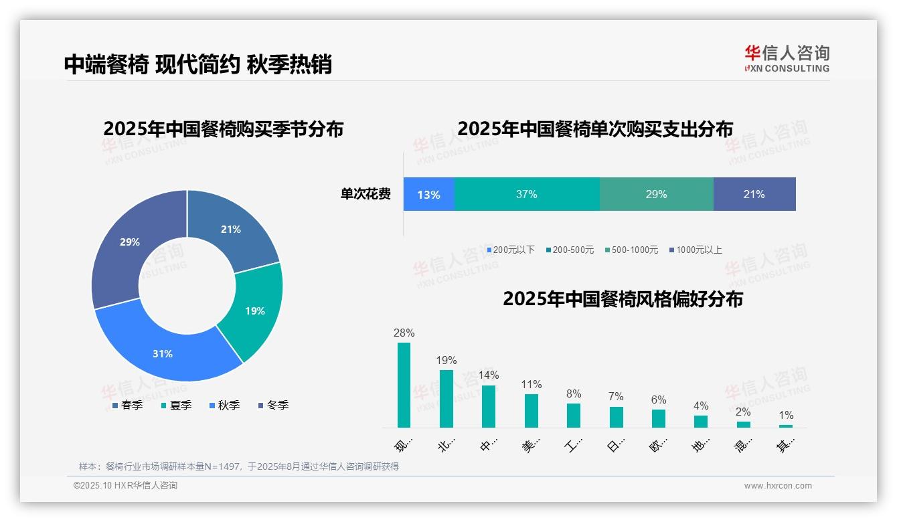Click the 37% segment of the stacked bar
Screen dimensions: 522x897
pyautogui.click(x=527, y=194)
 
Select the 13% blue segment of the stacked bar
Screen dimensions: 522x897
pyautogui.click(x=428, y=194)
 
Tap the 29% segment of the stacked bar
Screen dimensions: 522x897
pyautogui.click(x=656, y=194)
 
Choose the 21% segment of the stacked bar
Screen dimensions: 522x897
pyautogui.click(x=754, y=194)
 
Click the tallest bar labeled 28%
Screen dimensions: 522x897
pyautogui.click(x=404, y=385)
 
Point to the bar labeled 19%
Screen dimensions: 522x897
pyautogui.click(x=446, y=398)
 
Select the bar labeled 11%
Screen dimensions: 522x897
pyautogui.click(x=531, y=410)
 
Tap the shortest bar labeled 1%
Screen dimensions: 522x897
pyautogui.click(x=785, y=426)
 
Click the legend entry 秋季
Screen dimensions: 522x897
pyautogui.click(x=224, y=405)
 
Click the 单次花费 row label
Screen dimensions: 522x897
pyautogui.click(x=365, y=194)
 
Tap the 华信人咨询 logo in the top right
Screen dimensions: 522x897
pyautogui.click(x=787, y=58)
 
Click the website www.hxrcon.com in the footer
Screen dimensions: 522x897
pyautogui.click(x=778, y=485)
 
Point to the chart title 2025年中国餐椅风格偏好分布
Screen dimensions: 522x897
pyautogui.click(x=623, y=298)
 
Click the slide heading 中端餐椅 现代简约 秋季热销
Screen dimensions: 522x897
pyautogui.click(x=198, y=64)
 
